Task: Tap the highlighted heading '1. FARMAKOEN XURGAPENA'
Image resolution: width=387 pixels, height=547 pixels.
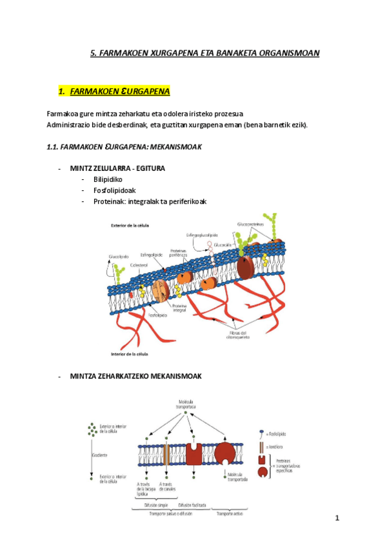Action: point(114,92)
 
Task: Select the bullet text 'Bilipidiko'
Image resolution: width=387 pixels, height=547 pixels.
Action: point(108,179)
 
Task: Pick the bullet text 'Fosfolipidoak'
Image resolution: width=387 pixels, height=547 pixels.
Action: point(115,190)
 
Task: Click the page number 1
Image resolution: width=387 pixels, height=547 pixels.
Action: point(337,518)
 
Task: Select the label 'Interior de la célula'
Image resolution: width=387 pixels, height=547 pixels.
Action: point(130,354)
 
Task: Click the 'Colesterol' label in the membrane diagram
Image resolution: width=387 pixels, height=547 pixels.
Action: point(139,264)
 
